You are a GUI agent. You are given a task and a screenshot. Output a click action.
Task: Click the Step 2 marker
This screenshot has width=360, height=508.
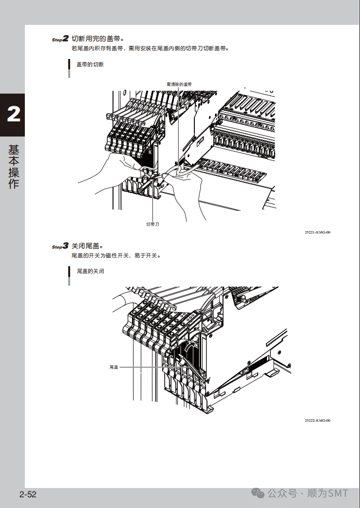(60, 39)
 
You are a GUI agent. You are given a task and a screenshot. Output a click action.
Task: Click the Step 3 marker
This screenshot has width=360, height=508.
(60, 246)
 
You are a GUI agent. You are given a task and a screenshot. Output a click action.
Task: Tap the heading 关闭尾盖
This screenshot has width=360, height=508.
(88, 246)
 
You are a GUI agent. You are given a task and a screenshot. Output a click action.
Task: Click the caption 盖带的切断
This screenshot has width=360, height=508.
(90, 64)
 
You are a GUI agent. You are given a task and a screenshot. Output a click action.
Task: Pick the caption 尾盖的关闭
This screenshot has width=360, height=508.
(90, 271)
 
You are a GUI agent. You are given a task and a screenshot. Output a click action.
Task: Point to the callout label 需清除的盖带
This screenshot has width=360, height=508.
(179, 84)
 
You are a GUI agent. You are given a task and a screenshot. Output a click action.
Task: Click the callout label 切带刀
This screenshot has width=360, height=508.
(153, 224)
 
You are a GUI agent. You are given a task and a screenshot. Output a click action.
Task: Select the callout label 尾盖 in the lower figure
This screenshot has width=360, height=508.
(114, 367)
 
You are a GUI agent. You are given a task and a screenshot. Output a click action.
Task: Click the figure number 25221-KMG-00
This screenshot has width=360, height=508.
(317, 233)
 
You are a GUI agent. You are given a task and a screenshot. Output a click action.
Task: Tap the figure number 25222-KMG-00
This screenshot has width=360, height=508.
(317, 420)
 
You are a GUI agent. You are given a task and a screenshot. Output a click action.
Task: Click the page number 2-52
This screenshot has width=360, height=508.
(28, 495)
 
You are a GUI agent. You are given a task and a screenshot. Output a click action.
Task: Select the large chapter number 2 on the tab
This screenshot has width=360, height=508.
(13, 115)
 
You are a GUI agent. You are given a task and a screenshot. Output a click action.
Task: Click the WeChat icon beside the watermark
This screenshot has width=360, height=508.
(258, 493)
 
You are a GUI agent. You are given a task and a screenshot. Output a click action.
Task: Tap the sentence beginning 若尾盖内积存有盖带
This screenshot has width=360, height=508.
(150, 49)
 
